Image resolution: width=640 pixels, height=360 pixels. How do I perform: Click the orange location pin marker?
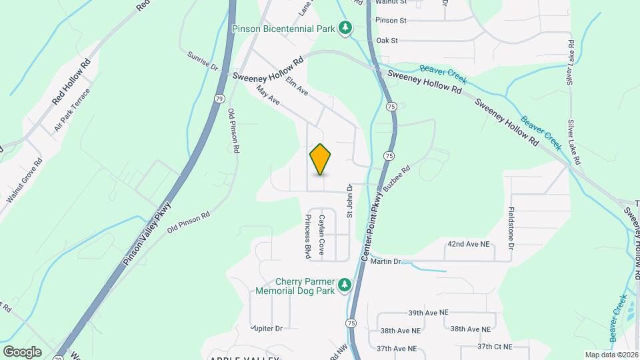pos(320,159)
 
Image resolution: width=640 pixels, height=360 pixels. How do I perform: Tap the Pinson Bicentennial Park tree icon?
pos(345,27)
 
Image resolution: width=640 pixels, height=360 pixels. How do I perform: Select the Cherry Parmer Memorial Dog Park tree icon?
pos(344,285)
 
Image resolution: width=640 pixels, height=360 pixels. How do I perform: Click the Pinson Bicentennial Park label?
pos(283,28)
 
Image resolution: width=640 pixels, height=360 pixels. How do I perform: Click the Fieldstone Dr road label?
pos(511,228)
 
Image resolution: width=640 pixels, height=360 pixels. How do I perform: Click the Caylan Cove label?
pos(321,235)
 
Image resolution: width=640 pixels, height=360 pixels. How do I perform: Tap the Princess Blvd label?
pos(308,237)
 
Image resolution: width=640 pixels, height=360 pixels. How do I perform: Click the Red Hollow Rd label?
pos(71,83)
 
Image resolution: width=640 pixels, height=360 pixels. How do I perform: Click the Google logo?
pos(22,351)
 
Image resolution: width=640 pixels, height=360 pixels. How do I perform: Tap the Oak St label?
pos(387,41)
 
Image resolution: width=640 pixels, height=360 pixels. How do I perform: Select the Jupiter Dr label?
pos(267,328)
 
